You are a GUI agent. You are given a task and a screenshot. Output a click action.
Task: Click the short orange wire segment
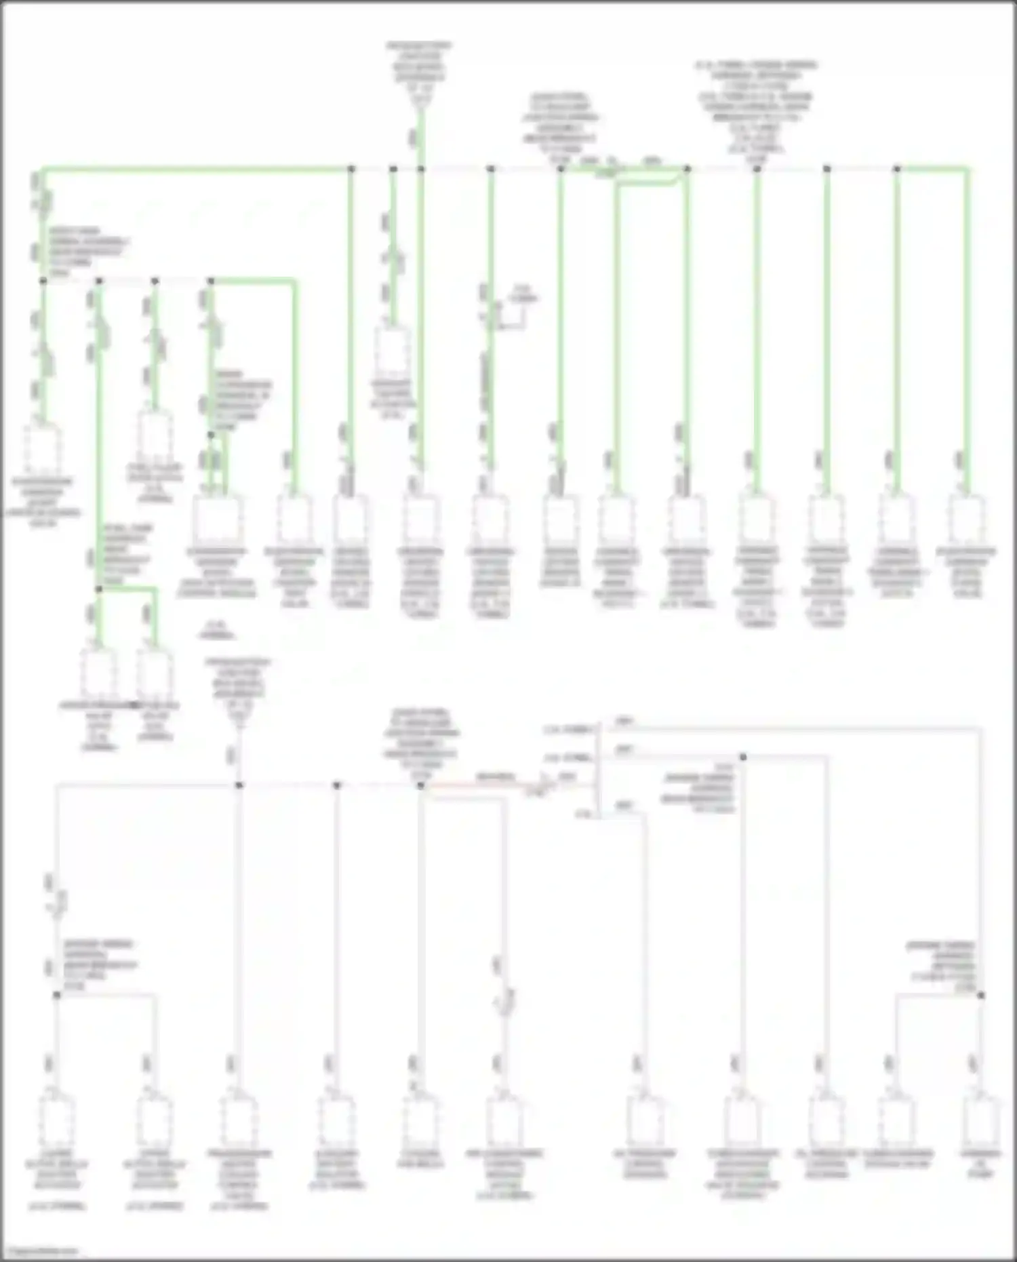pyautogui.click(x=475, y=786)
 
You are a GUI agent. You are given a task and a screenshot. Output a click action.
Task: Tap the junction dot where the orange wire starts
pyautogui.click(x=420, y=785)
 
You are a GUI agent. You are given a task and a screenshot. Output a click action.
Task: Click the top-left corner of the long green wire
pyautogui.click(x=43, y=168)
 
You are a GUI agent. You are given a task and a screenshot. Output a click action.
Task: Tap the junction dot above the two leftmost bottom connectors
pyautogui.click(x=57, y=995)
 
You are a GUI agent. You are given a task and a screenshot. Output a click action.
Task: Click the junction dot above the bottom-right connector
pyautogui.click(x=981, y=995)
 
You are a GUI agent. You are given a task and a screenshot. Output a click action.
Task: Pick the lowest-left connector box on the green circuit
pyautogui.click(x=99, y=675)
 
